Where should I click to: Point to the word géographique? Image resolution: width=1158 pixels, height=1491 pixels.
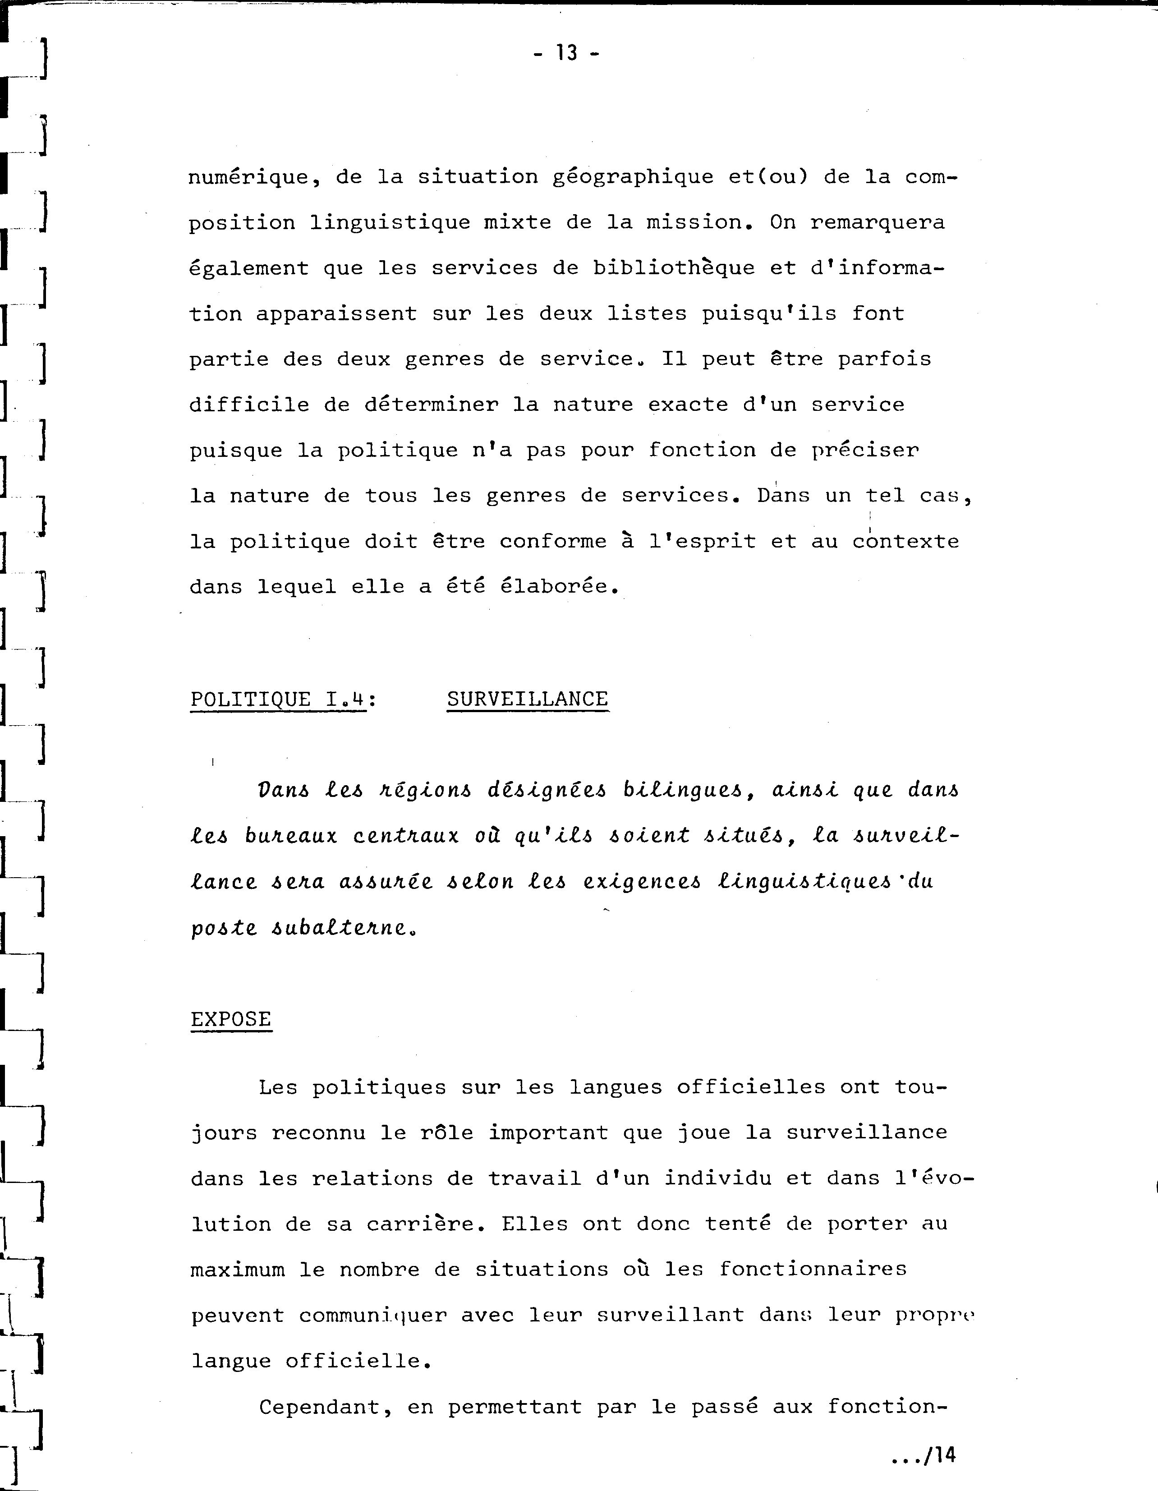(x=632, y=178)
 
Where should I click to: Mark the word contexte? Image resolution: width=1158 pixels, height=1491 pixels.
(x=905, y=541)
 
